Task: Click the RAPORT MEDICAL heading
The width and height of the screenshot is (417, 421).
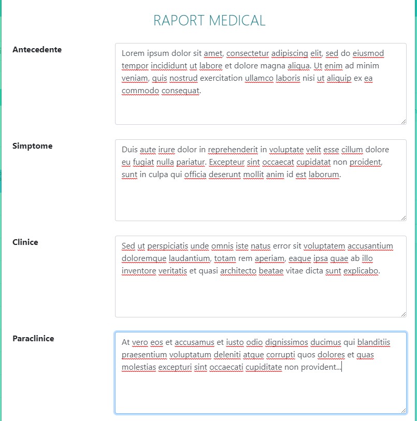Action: coord(209,21)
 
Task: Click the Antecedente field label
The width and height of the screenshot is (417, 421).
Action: coord(37,50)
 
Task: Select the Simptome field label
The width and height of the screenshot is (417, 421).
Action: coord(32,146)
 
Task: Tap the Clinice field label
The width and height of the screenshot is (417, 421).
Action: coord(25,242)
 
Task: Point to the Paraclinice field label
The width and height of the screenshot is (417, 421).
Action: coord(33,339)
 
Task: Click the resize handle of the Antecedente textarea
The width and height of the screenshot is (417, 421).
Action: coord(403,121)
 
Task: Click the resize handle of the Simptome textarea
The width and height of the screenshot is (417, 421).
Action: coord(403,217)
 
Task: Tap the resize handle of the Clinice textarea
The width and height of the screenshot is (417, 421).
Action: coord(403,314)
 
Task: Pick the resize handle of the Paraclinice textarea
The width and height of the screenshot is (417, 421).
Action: coord(403,410)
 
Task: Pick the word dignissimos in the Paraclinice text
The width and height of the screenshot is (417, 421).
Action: coord(286,342)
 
